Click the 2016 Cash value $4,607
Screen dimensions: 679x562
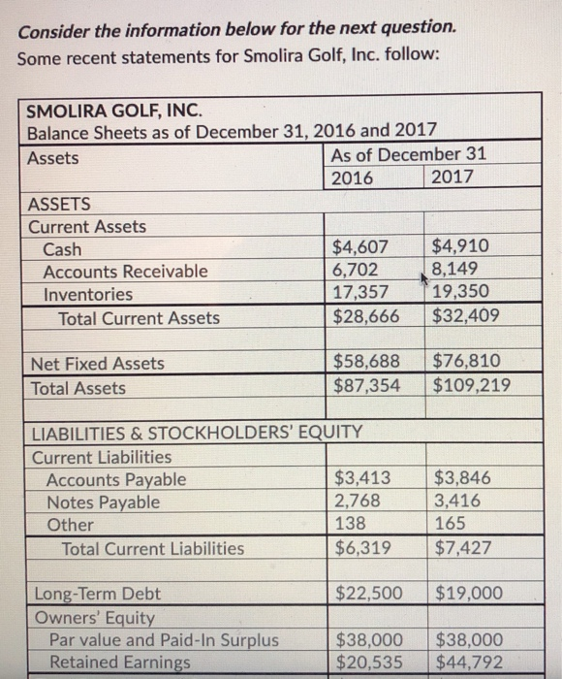pyautogui.click(x=360, y=247)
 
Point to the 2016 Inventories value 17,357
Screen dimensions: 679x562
pyautogui.click(x=361, y=294)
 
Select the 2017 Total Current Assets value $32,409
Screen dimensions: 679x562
pyautogui.click(x=466, y=317)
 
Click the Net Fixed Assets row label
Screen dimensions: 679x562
pyautogui.click(x=98, y=364)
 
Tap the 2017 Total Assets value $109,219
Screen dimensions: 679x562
pyautogui.click(x=472, y=387)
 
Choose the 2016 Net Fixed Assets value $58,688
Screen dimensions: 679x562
pyautogui.click(x=366, y=363)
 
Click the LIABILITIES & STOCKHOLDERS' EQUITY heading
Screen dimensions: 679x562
pyautogui.click(x=198, y=433)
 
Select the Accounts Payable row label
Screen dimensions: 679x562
pyautogui.click(x=116, y=479)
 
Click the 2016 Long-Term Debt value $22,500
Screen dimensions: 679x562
pyautogui.click(x=368, y=593)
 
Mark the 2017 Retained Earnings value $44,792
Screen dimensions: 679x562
pyautogui.click(x=469, y=663)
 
